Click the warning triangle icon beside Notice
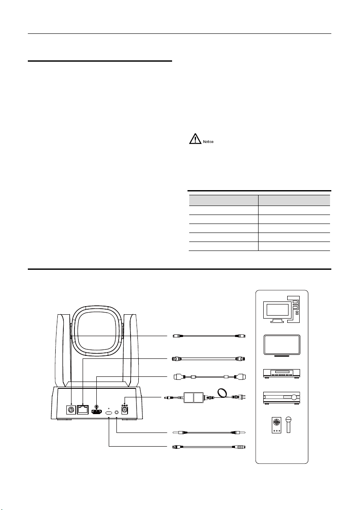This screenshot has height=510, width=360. [195, 139]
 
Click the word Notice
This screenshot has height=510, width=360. [208, 142]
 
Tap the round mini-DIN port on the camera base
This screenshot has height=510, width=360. [71, 409]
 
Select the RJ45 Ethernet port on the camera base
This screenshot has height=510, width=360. [83, 409]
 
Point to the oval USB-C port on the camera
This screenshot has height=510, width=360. [109, 413]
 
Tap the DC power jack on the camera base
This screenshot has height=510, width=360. [124, 410]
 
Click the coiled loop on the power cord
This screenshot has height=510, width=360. [222, 392]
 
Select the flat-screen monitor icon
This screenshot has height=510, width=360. [282, 346]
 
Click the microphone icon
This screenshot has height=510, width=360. [288, 424]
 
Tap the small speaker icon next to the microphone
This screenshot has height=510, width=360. [277, 426]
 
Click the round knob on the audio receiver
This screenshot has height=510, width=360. [294, 397]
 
